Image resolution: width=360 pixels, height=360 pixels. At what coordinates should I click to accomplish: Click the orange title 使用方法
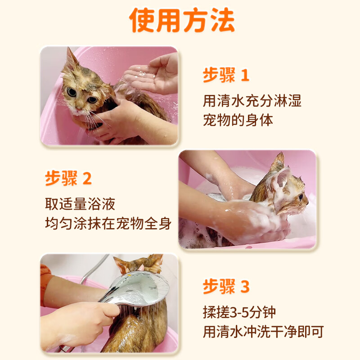(x=182, y=20)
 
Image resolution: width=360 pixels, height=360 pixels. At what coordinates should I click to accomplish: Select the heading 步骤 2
(x=68, y=179)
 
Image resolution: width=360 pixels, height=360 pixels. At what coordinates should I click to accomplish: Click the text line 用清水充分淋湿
(x=252, y=100)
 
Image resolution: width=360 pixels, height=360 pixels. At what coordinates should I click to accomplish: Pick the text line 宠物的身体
(x=238, y=120)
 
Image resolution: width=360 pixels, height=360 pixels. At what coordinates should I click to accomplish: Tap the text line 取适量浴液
(x=80, y=203)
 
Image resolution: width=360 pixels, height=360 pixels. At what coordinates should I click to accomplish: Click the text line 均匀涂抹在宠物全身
(x=108, y=224)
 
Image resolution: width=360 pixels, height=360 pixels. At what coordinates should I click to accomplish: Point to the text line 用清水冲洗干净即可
(x=263, y=332)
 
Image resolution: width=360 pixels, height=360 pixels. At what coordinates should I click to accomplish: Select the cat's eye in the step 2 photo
(x=300, y=196)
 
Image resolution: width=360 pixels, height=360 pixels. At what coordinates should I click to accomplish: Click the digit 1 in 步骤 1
(x=244, y=75)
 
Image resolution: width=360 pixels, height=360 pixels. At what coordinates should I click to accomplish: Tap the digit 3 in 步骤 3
(x=244, y=286)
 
